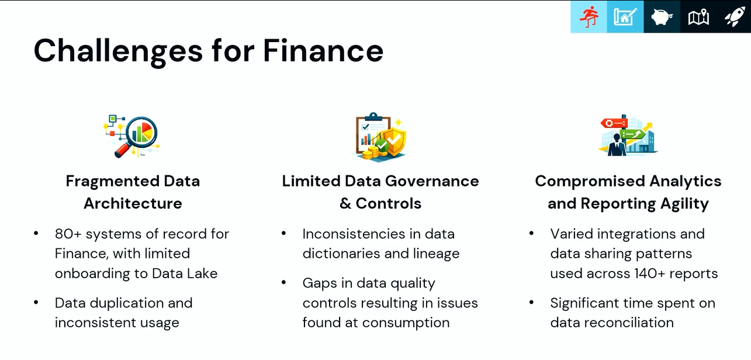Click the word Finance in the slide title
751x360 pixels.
coord(323,51)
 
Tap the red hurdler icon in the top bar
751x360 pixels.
coord(589,17)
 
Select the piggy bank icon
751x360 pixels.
coord(662,17)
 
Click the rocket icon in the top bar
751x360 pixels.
coord(735,16)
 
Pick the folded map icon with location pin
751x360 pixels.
coord(698,17)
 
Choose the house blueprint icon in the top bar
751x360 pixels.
coord(625,17)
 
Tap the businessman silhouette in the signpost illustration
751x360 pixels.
coord(617,145)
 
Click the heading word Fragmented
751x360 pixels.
coord(112,181)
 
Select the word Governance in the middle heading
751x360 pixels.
coord(432,181)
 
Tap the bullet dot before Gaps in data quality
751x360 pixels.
coord(283,283)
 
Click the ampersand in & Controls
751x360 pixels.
coord(345,203)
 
